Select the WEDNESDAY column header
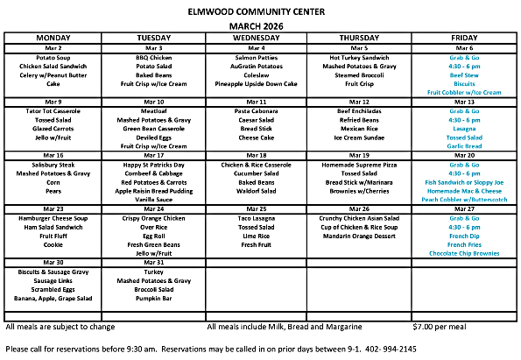coord(257,38)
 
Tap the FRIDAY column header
coord(463,38)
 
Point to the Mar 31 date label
coord(155,262)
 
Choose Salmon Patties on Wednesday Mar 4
coord(257,56)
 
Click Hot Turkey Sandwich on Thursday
coord(360,56)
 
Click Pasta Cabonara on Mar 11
coord(257,111)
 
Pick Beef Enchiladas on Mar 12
coord(360,111)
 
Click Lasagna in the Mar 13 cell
coord(463,129)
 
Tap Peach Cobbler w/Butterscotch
coord(463,200)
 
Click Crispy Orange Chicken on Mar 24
coord(155,218)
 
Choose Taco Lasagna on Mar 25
coord(257,218)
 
